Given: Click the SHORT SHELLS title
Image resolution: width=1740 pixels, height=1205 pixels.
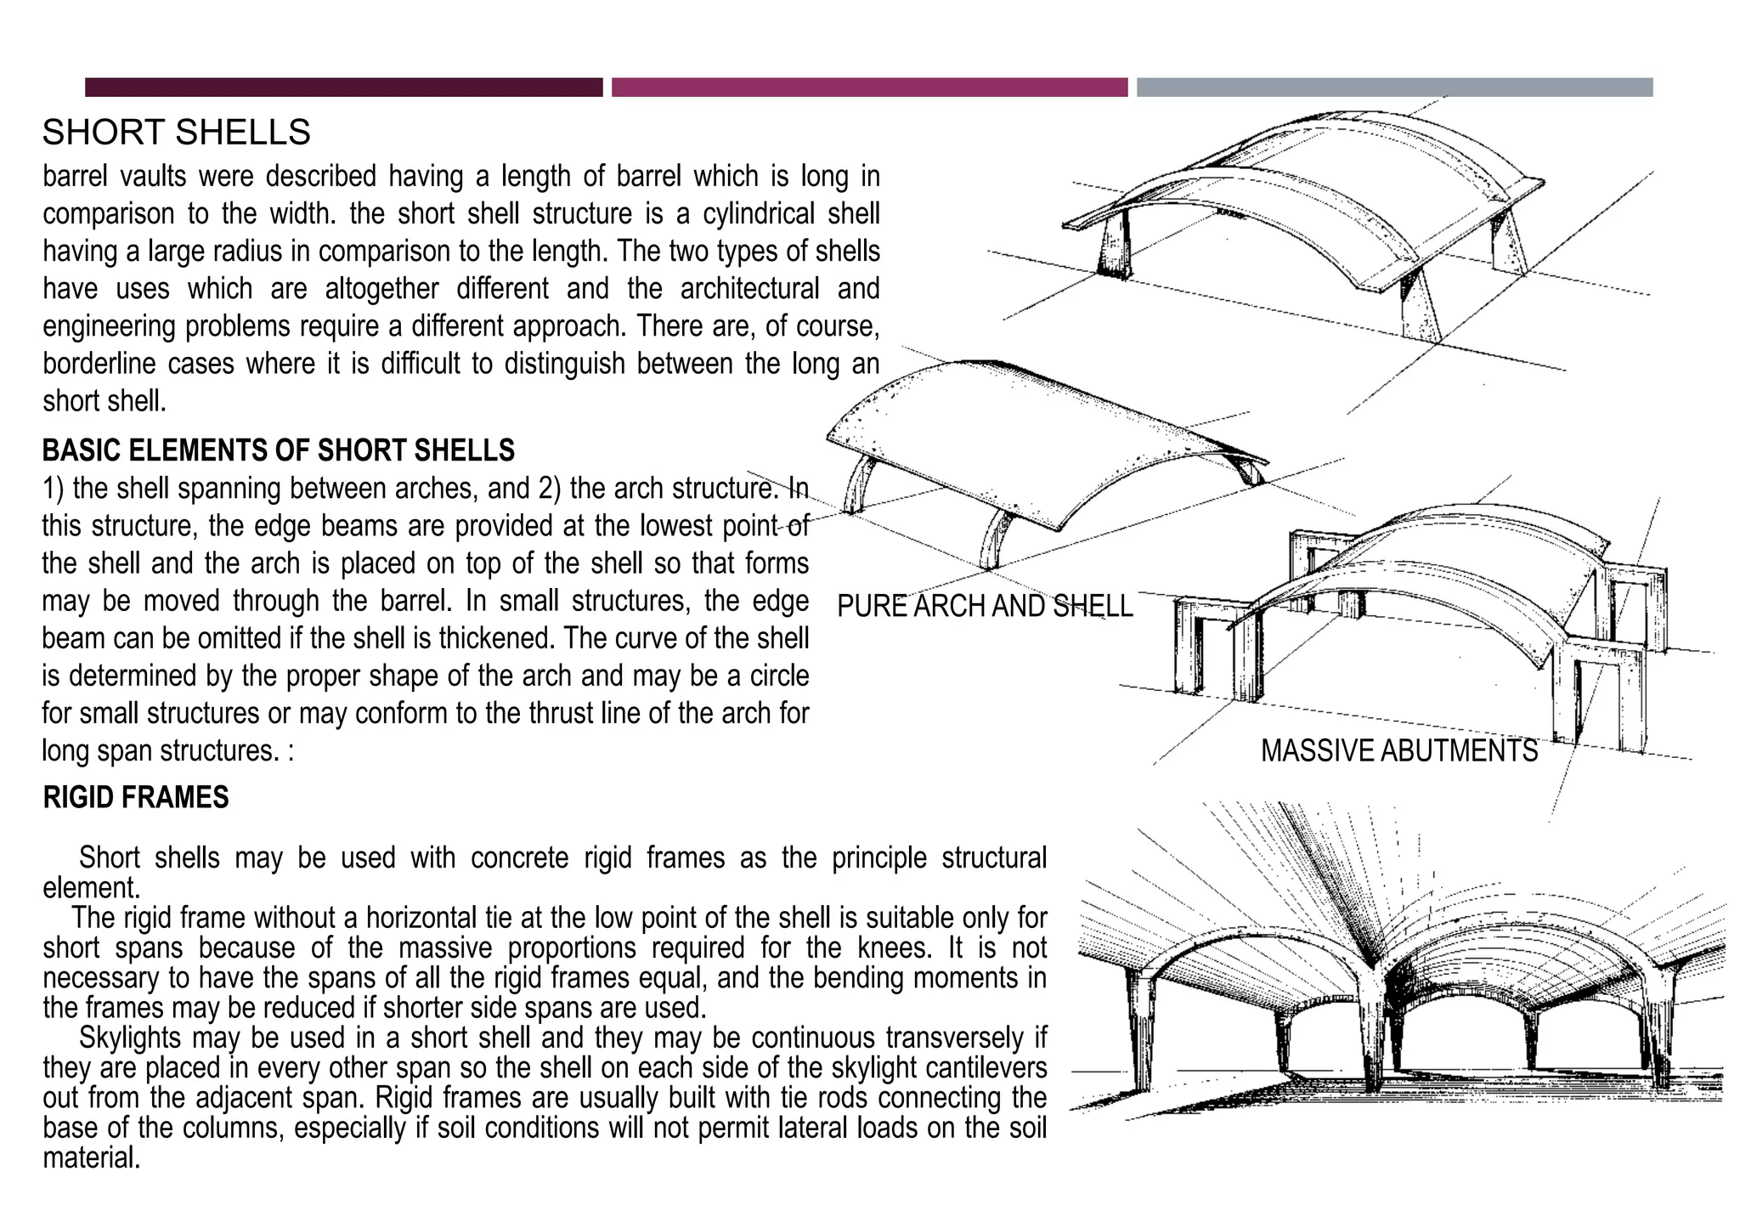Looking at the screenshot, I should pos(176,133).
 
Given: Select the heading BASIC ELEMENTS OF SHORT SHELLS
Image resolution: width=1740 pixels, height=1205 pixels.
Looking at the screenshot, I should pos(278,450).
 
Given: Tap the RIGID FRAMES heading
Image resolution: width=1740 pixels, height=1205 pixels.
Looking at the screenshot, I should pos(136,798).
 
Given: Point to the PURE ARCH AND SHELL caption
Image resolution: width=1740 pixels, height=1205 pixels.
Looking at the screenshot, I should pos(984,606).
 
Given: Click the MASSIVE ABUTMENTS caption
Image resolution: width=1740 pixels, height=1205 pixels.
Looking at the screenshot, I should pos(1398,751).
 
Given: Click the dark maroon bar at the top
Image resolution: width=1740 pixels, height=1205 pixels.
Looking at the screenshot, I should pos(343,88).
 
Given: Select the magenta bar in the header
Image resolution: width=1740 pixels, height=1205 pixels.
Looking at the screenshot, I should pos(869,88).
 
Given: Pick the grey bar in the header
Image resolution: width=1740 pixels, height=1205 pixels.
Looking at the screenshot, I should pos(1394,88).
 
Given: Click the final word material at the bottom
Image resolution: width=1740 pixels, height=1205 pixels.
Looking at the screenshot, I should pos(91,1158).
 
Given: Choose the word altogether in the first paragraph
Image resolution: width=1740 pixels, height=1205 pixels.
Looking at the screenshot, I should pos(381,289).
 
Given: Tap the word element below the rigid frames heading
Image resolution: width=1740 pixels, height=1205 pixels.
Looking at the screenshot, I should pos(90,888).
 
